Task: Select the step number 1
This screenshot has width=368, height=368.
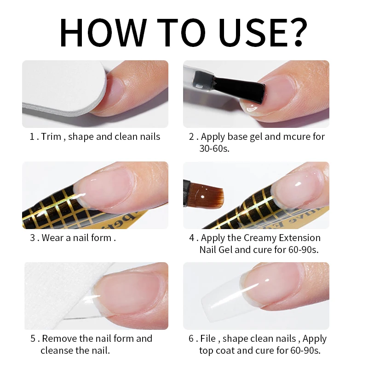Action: [x=32, y=137]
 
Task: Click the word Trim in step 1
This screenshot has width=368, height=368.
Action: [x=52, y=137]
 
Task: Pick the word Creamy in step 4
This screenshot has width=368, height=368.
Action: [x=262, y=238]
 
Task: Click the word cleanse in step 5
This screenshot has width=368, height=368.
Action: [x=57, y=351]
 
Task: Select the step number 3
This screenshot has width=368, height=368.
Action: [x=32, y=238]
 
